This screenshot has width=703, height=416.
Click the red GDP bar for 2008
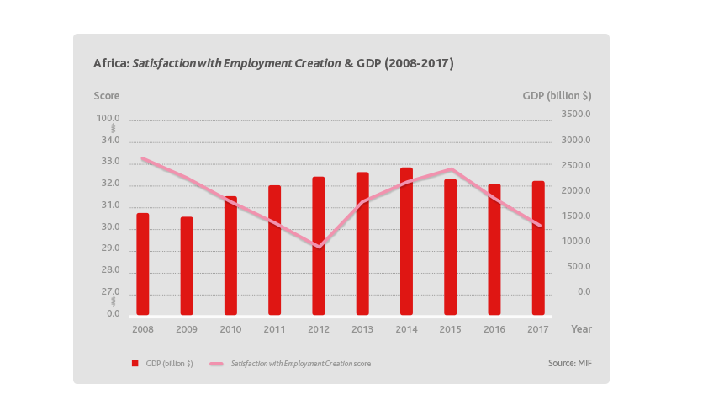pyautogui.click(x=143, y=264)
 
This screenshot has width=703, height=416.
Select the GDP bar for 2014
pyautogui.click(x=406, y=241)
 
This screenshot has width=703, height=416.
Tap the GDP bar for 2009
pyautogui.click(x=187, y=265)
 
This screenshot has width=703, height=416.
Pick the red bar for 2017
pyautogui.click(x=538, y=248)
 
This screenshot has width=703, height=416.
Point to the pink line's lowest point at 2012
pyautogui.click(x=319, y=248)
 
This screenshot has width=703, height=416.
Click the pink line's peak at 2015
pyautogui.click(x=451, y=169)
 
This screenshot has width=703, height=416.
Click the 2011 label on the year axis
pyautogui.click(x=274, y=328)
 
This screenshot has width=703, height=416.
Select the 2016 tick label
pyautogui.click(x=494, y=328)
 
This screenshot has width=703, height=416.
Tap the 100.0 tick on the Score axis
pyautogui.click(x=109, y=119)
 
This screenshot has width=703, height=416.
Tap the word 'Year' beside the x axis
pyautogui.click(x=581, y=328)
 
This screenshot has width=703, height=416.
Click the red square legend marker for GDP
pyautogui.click(x=134, y=364)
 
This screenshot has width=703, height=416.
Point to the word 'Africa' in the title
pyautogui.click(x=110, y=63)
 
